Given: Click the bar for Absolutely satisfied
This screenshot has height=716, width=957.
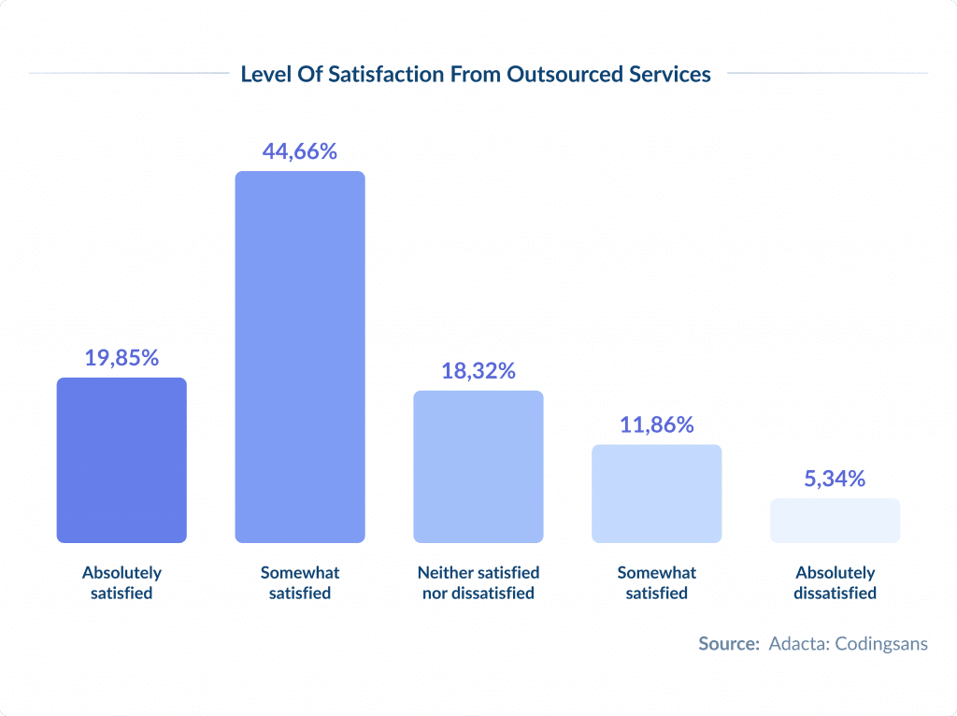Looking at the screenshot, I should [x=121, y=460].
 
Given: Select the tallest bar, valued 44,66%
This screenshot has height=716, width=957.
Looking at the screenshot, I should [x=300, y=357].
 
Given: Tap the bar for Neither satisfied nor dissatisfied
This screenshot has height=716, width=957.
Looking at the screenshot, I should [x=478, y=466].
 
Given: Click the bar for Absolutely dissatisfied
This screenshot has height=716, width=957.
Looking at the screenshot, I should [x=835, y=521].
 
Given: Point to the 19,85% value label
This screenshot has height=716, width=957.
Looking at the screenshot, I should [x=121, y=357].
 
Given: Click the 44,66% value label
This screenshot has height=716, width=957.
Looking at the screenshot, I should [x=300, y=150].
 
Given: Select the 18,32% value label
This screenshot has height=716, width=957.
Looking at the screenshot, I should [x=478, y=370].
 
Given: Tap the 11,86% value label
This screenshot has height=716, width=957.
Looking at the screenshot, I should [x=657, y=424].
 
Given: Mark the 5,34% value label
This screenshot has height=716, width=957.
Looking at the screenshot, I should [x=835, y=479].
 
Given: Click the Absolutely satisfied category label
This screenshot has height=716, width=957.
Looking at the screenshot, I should [x=121, y=582].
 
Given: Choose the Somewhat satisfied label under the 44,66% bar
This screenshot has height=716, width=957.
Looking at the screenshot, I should [x=300, y=582].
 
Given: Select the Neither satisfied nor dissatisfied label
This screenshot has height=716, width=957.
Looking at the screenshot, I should [x=478, y=582].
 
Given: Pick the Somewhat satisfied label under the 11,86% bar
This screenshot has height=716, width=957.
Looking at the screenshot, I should [x=657, y=582].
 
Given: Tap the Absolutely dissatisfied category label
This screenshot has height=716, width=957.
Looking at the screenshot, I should [x=835, y=582].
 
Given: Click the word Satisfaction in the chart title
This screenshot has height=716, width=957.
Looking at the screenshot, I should [x=374, y=74].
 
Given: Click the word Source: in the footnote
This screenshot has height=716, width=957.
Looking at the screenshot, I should [x=729, y=644].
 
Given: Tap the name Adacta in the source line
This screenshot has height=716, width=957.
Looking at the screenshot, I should [x=796, y=644].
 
